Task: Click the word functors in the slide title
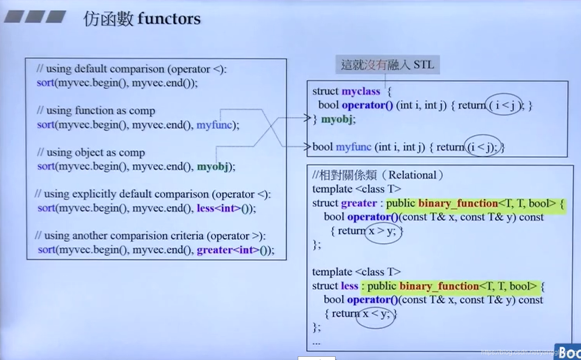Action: (169, 19)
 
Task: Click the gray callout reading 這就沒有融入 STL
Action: (387, 64)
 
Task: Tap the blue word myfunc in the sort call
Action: (214, 125)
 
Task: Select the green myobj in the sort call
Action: (213, 167)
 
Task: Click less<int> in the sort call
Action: (219, 208)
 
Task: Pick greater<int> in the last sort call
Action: (228, 250)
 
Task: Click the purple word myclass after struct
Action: (361, 91)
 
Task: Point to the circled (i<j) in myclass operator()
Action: (504, 105)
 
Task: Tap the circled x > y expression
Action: (382, 231)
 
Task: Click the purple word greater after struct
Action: (359, 203)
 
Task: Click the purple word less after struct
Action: (349, 286)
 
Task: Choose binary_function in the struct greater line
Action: (458, 203)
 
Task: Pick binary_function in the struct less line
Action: (439, 286)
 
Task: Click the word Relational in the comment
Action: (412, 175)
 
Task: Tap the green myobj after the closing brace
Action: (338, 119)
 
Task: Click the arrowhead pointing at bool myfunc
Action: (308, 146)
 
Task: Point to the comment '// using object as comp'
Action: (91, 152)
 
